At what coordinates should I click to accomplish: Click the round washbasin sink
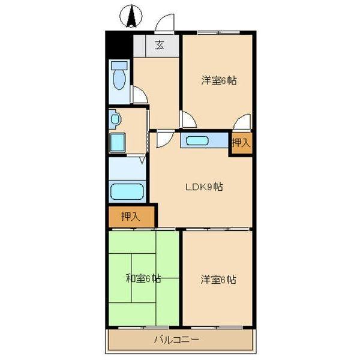coord(115,119)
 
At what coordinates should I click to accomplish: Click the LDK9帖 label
coord(203,187)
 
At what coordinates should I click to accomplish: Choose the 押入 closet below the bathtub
coord(130,216)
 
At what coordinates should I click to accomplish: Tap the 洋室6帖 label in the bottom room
coord(218,279)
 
